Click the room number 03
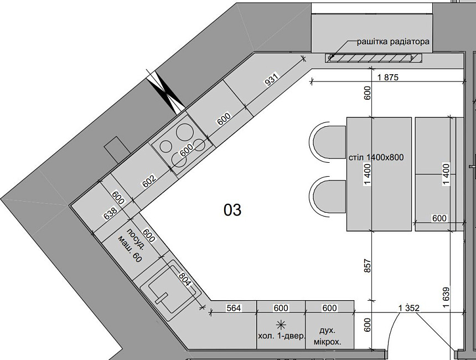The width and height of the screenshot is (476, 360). point(233,210)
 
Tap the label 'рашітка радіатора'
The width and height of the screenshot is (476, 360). point(393,41)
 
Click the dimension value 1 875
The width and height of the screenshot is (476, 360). point(387,78)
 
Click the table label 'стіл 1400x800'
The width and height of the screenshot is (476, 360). point(376,157)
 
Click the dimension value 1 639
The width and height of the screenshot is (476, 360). point(446,296)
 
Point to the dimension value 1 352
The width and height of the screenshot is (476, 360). point(407,308)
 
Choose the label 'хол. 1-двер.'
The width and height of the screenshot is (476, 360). point(281,336)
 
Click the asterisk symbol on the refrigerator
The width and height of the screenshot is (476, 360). point(281,323)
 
